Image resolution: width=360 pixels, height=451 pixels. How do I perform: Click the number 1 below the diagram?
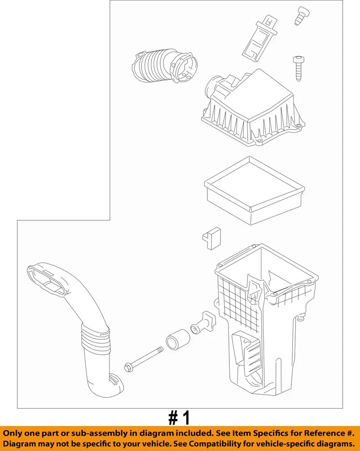[186, 418]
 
